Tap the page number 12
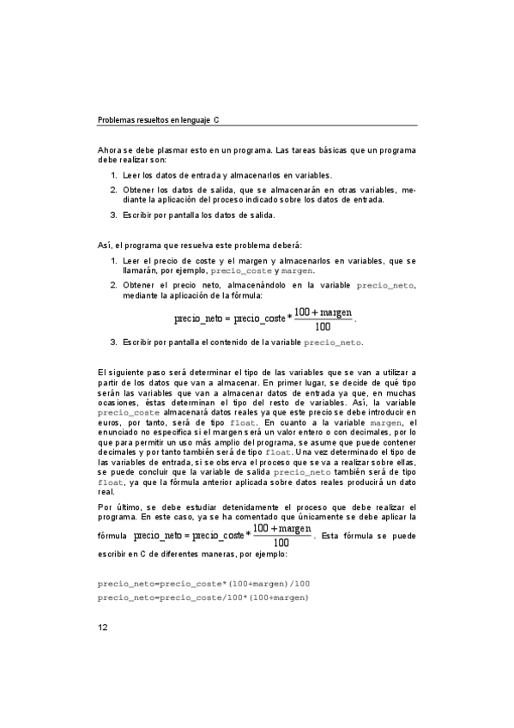pos(102,628)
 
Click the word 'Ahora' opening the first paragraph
pos(111,150)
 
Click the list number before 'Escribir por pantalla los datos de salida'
pos(113,215)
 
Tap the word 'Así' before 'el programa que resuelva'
pos(104,246)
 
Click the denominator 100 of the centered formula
pos(324,326)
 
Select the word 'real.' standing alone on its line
pos(107,492)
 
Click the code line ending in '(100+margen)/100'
pos(203,584)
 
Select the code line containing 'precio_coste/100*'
pos(203,597)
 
